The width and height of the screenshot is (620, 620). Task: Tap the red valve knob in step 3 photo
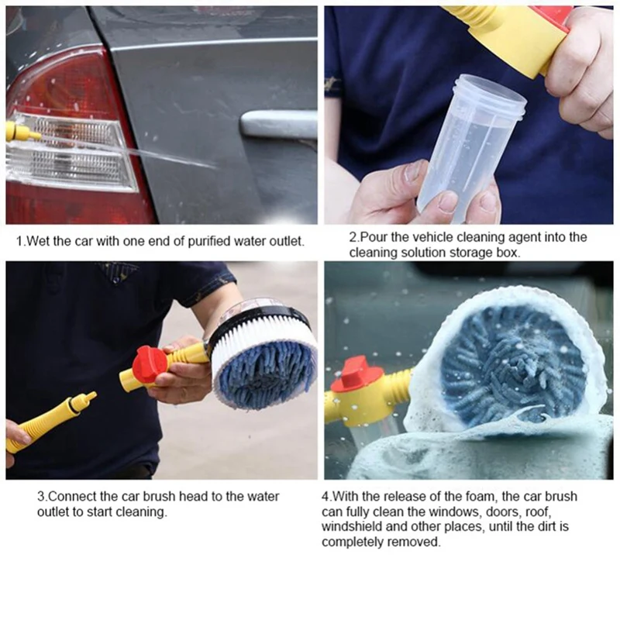click(x=150, y=367)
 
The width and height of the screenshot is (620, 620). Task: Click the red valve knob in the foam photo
click(x=355, y=374)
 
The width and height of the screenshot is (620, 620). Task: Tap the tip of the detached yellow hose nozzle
click(x=93, y=394)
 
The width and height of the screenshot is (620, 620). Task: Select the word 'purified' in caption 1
click(x=208, y=241)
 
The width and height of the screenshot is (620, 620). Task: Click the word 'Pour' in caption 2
click(x=374, y=237)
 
